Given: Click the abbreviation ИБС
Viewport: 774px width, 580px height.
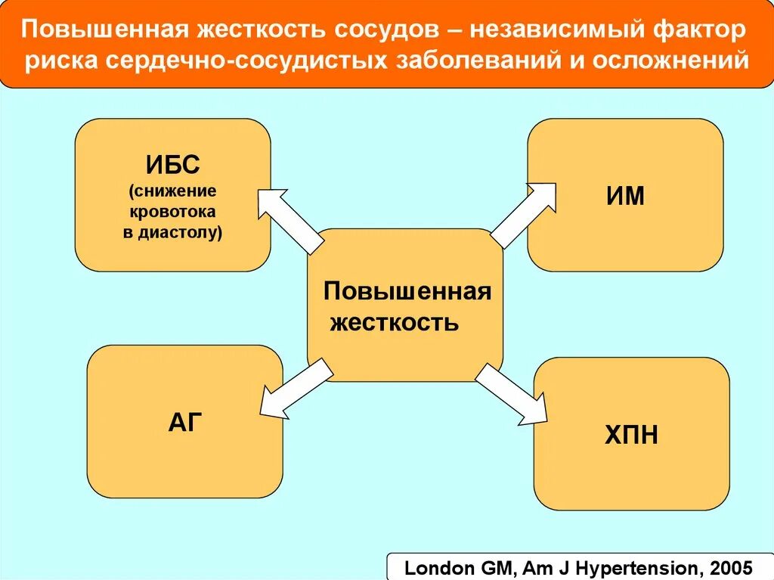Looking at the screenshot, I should click(172, 164).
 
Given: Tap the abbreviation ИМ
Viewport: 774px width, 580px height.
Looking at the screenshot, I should click(625, 196).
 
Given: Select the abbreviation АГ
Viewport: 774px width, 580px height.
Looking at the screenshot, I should click(186, 422).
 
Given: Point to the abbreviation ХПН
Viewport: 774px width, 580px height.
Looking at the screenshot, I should click(630, 435).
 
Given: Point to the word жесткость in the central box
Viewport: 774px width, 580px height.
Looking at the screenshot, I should click(394, 323).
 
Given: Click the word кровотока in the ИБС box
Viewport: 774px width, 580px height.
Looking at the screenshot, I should click(172, 212).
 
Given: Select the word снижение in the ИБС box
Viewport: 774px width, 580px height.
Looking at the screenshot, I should click(172, 191).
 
